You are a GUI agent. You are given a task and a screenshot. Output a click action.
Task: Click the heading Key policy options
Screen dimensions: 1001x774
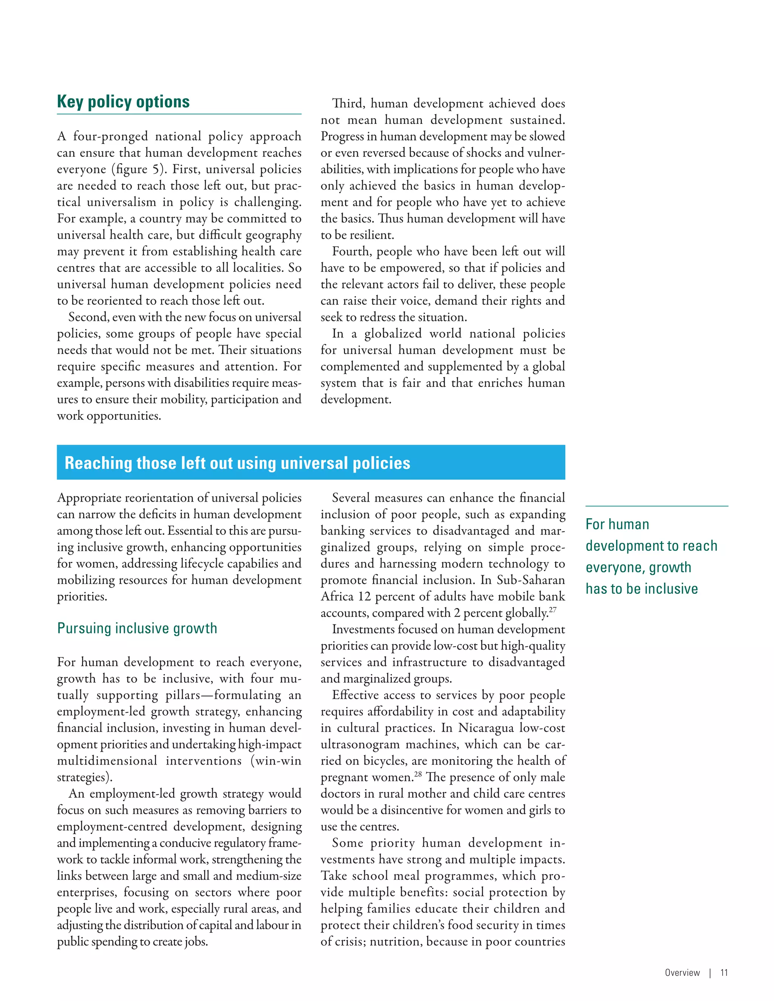123,102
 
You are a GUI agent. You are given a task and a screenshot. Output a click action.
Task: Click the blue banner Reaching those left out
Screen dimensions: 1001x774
237,463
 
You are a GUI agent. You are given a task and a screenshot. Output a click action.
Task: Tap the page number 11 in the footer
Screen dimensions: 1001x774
724,973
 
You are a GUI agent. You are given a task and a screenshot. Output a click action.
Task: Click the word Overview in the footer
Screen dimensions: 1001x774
682,973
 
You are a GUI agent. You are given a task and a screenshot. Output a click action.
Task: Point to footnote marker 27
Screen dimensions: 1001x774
553,610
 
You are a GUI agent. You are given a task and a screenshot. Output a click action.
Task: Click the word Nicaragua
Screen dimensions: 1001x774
486,728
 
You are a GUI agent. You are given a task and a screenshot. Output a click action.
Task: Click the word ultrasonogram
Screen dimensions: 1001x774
360,745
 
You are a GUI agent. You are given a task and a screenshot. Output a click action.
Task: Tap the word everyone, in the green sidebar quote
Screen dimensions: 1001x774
615,568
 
